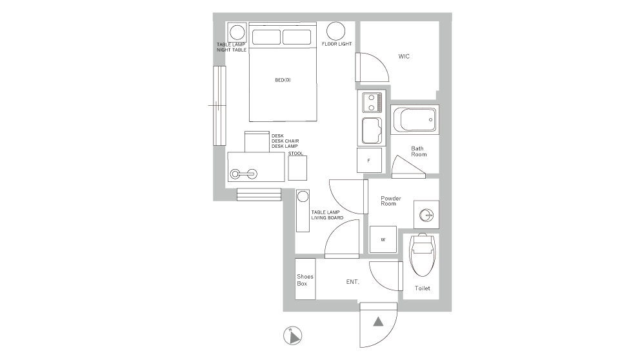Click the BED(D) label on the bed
point(283,80)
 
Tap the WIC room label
point(404,56)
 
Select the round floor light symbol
point(335,31)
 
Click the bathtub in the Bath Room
point(415,120)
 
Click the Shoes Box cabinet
point(305,279)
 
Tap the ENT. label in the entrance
point(353,282)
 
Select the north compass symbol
point(293,336)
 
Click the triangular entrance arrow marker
point(378,322)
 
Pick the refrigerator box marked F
point(370,161)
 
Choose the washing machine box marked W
point(383,239)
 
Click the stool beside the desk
point(297,168)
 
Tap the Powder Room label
point(390,201)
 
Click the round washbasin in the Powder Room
point(426,215)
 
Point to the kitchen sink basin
point(372,130)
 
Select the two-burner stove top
point(372,103)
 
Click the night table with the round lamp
point(237,32)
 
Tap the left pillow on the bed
point(266,37)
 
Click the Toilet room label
point(423,288)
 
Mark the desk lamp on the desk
point(243,174)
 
